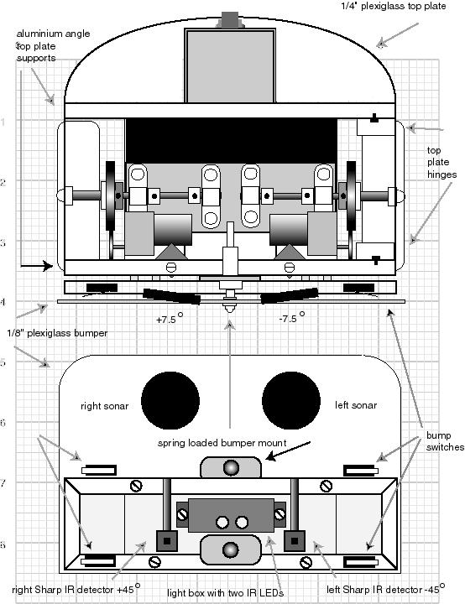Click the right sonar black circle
click(170, 401)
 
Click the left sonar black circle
click(291, 401)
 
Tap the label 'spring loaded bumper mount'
click(222, 443)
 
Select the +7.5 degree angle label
click(170, 319)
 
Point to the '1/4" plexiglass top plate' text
click(394, 6)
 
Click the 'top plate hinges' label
click(441, 162)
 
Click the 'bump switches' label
click(445, 441)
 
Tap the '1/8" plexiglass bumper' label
click(57, 333)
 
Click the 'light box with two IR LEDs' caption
click(225, 593)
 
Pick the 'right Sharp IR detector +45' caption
click(76, 589)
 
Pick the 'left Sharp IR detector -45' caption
click(385, 589)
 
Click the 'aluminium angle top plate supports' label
click(53, 46)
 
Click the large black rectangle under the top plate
click(232, 141)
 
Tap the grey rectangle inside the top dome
click(230, 66)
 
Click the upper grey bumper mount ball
click(231, 468)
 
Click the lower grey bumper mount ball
click(231, 549)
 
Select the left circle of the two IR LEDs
click(222, 523)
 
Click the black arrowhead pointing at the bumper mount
click(271, 456)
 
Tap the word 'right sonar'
click(104, 406)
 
